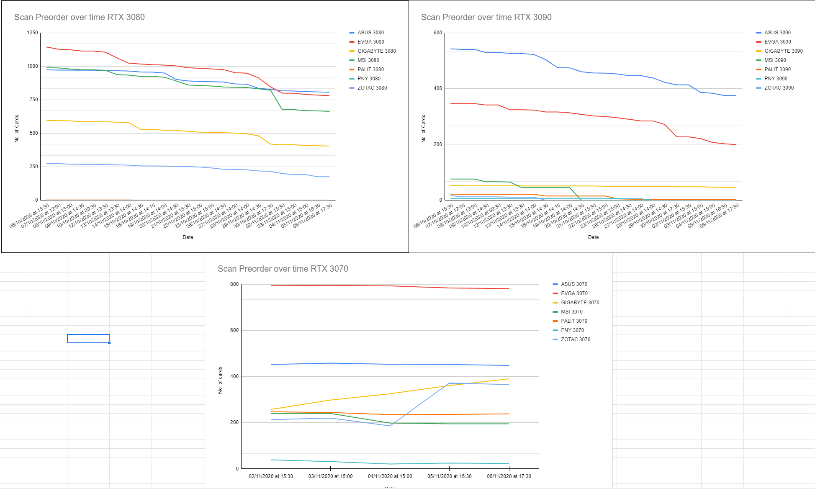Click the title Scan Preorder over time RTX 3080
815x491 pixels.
click(x=80, y=17)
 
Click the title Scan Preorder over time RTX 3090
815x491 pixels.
click(x=486, y=17)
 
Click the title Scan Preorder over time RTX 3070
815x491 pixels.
click(x=283, y=269)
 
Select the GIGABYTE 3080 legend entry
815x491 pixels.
click(x=376, y=51)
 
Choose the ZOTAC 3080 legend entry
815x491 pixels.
click(x=372, y=88)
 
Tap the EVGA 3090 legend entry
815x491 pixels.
click(x=777, y=42)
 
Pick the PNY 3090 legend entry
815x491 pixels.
click(x=776, y=79)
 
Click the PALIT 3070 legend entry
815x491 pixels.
click(x=574, y=321)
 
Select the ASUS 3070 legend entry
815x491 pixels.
click(x=574, y=284)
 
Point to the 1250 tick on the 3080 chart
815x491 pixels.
click(x=32, y=33)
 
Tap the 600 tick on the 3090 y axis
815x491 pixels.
click(x=437, y=33)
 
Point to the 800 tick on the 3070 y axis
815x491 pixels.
click(x=234, y=284)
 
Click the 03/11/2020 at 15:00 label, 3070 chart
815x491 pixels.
click(x=330, y=476)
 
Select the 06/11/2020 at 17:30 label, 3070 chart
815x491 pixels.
click(x=509, y=476)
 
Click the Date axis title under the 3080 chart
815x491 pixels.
click(x=188, y=237)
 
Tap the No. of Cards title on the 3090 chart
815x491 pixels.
click(x=424, y=129)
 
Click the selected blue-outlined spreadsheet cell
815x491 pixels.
click(x=88, y=339)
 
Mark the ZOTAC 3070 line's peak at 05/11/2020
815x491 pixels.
click(x=449, y=383)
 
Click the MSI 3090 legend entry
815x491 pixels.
click(x=775, y=60)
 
